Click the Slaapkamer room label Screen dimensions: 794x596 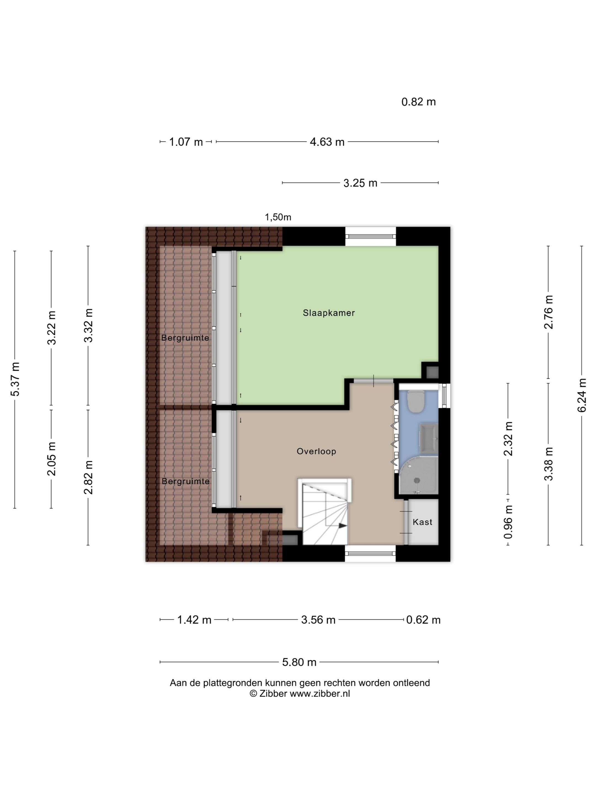[x=328, y=313]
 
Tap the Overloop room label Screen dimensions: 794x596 [x=316, y=451]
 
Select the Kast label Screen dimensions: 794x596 [x=422, y=522]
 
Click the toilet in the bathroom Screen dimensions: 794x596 [x=416, y=401]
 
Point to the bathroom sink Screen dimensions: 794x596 [x=430, y=438]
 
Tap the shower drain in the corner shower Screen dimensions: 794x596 [x=417, y=480]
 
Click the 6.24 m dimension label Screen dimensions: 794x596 [x=582, y=395]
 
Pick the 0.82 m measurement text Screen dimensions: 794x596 [x=418, y=102]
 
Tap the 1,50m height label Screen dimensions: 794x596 [x=278, y=217]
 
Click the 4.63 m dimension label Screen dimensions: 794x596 [x=327, y=142]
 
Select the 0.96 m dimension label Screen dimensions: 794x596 [x=508, y=521]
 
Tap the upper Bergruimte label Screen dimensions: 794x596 [x=185, y=338]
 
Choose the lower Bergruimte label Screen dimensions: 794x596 [x=185, y=481]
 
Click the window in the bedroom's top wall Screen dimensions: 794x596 [x=370, y=236]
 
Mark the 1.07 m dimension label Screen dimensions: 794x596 [x=186, y=142]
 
